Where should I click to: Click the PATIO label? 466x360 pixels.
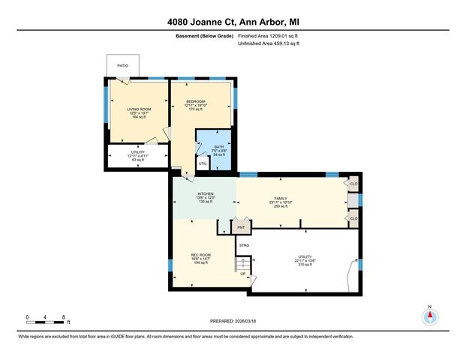pos(122,64)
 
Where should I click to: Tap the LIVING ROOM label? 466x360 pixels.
pos(137,109)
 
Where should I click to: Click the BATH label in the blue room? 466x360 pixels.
pos(219,147)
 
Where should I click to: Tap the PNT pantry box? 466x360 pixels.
pos(241,227)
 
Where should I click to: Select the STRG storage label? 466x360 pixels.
pos(244,245)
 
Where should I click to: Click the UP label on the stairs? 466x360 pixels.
pos(242,273)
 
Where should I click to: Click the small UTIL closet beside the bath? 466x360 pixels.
pos(203,163)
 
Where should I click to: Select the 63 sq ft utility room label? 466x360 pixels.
pos(137,156)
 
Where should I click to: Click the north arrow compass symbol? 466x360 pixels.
pos(430,316)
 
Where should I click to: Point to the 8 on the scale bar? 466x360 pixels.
pos(64,318)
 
